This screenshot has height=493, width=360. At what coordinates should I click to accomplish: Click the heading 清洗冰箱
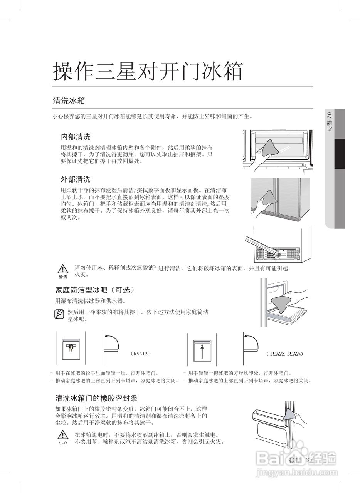69,101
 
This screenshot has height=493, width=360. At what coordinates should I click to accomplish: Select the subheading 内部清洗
76,137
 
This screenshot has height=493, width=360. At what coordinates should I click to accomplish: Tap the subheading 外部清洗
76,179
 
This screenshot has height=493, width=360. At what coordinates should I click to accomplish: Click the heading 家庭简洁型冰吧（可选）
95,290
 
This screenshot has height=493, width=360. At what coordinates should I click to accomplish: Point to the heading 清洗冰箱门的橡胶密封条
96,398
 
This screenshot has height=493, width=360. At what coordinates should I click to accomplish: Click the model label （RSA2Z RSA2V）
284,353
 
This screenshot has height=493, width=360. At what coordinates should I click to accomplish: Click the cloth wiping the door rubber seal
292,415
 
